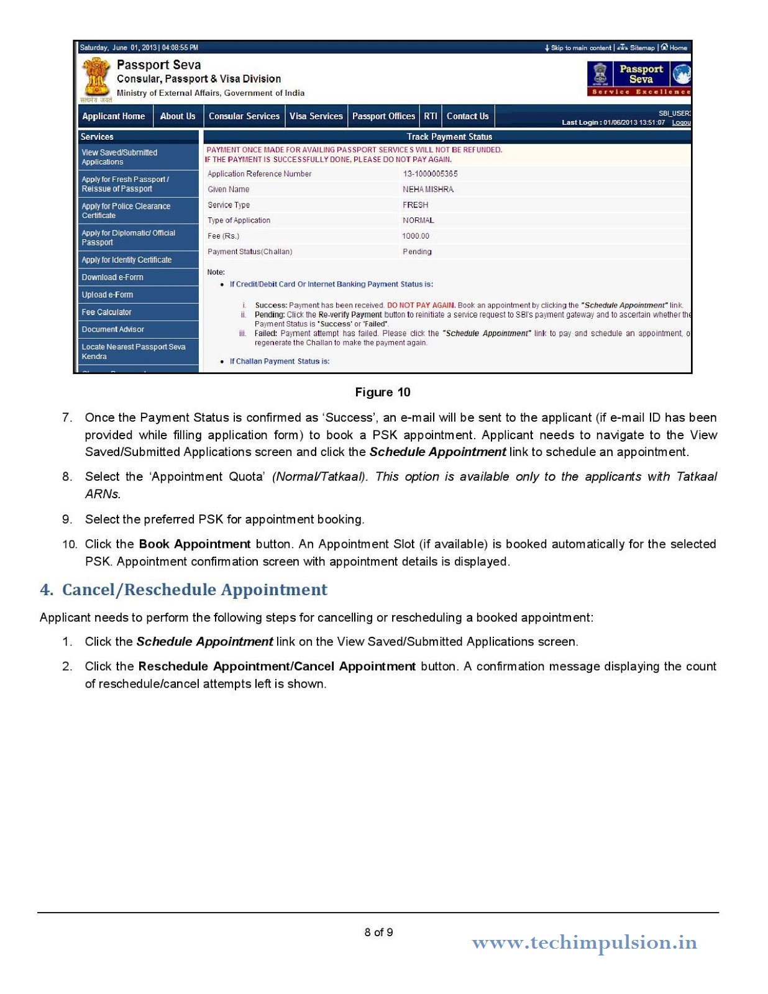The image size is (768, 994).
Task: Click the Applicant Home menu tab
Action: pos(114,116)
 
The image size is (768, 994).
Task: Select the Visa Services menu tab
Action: pos(316,116)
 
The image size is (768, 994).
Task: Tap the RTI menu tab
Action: pos(431,116)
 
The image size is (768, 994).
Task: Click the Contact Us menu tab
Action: pos(467,116)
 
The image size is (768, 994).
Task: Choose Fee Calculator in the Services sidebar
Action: pos(107,312)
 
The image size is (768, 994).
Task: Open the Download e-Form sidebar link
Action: pos(112,277)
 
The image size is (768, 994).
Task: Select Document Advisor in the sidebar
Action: pos(113,329)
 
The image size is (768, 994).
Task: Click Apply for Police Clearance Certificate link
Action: pos(126,211)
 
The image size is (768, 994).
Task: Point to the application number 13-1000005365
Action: pos(430,174)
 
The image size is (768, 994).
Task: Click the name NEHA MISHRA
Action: pos(428,189)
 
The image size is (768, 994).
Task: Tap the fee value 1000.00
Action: pos(416,236)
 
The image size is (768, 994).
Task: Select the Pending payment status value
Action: pos(417,252)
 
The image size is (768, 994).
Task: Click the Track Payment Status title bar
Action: pos(449,137)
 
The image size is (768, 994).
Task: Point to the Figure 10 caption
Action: pos(383,392)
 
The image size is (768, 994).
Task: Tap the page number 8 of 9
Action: pos(378,932)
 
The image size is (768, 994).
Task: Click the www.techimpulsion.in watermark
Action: pos(584,942)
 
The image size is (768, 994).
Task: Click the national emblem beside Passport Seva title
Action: pos(96,78)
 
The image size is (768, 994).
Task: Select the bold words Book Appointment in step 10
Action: pos(194,544)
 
